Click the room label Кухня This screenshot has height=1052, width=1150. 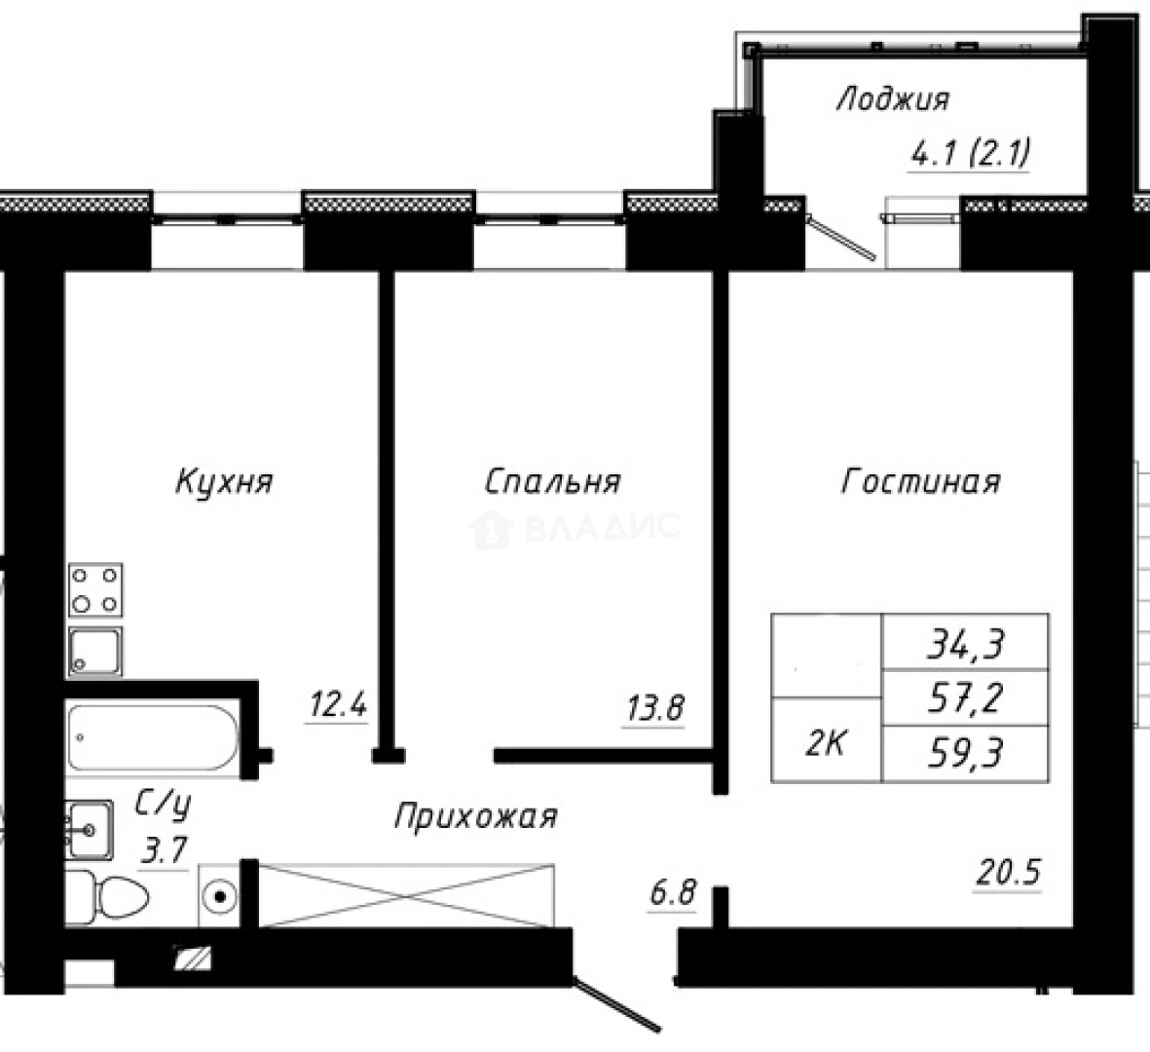(224, 482)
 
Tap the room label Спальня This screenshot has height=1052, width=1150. (552, 482)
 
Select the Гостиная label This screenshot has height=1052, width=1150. (920, 482)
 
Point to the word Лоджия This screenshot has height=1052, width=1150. (892, 99)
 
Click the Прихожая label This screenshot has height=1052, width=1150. (475, 816)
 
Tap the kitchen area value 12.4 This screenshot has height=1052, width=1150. (337, 703)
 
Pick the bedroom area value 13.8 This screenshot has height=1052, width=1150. (652, 708)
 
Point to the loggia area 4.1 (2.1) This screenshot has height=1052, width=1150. (970, 154)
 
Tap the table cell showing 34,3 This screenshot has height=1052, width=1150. (964, 642)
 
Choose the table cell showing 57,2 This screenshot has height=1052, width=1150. (964, 697)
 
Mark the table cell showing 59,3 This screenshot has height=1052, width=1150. (964, 753)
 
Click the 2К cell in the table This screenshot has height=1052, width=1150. (826, 744)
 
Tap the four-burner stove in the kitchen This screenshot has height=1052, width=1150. (95, 590)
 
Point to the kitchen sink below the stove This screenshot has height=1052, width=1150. (95, 651)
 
